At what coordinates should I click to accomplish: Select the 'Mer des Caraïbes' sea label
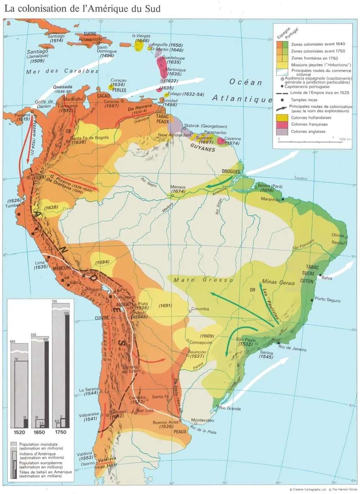63,71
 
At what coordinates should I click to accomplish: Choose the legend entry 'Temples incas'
301,99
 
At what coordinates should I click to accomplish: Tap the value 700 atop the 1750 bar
55,301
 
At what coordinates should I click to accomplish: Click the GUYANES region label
204,149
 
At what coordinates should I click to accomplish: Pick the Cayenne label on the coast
231,139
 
